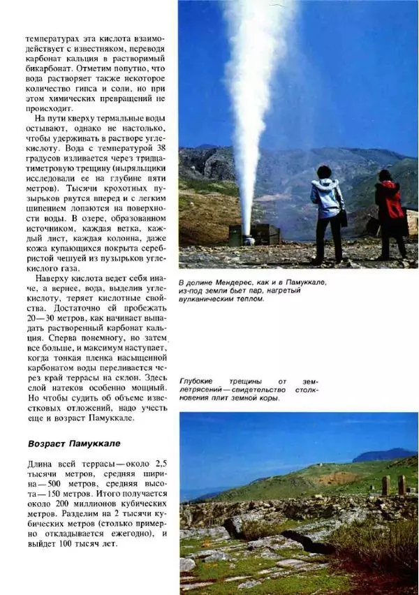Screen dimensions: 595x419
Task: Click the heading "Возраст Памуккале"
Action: point(75,443)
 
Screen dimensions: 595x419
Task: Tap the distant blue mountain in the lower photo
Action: point(383,455)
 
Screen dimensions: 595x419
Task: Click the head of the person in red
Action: point(385,175)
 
